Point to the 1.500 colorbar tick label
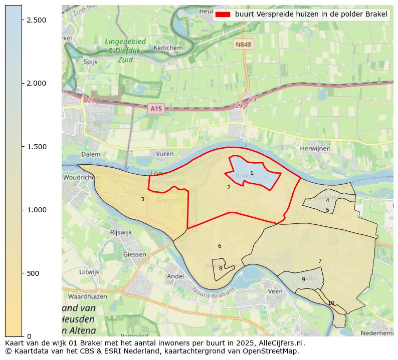[x=36, y=147]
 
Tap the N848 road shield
[x=243, y=45]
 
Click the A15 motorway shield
[x=156, y=108]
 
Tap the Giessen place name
[x=134, y=254]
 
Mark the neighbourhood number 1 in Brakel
[x=252, y=173]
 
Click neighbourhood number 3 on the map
[x=142, y=199]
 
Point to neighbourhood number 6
[x=220, y=246]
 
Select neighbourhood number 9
[x=303, y=279]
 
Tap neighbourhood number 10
[x=331, y=303]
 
